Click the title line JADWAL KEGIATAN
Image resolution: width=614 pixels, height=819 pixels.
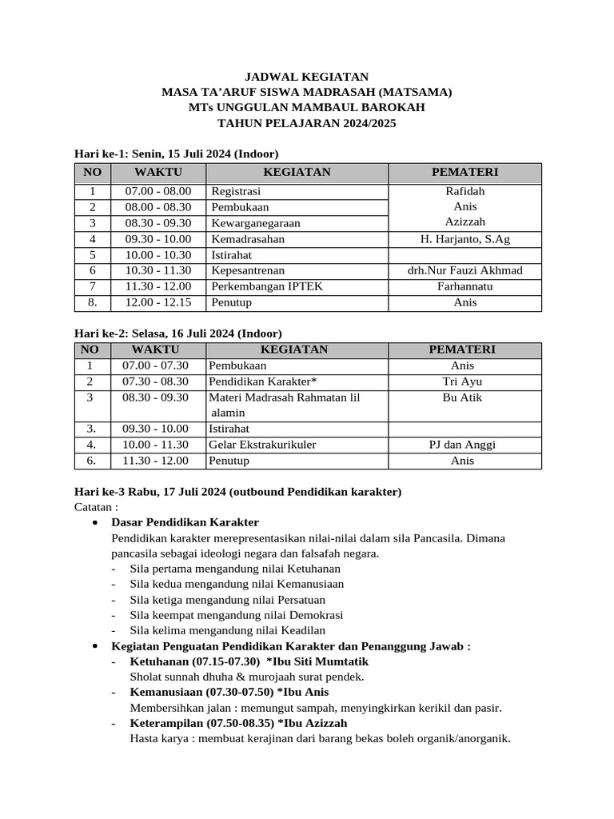coord(306,77)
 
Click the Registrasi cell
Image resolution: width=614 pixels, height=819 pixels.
coord(236,191)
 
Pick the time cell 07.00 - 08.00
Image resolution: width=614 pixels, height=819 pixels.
coord(158,191)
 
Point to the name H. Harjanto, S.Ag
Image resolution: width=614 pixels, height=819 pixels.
coord(464,239)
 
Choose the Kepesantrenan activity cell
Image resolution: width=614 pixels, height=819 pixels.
coord(248,270)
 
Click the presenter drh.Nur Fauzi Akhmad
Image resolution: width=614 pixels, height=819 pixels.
coord(464,270)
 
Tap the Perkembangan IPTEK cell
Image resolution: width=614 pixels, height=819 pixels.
coord(267,286)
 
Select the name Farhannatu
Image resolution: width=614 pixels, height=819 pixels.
coord(464,286)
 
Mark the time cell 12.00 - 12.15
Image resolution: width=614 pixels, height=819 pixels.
coord(158,302)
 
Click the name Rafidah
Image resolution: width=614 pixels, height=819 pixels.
coord(464,191)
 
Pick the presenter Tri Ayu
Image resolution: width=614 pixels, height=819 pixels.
coord(462,382)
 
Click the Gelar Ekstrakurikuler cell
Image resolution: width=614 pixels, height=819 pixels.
coord(262,445)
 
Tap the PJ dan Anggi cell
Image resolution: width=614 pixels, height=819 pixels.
coord(462,445)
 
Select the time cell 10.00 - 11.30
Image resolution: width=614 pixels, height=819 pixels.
coord(155,445)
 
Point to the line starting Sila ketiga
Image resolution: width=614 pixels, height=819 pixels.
coord(235,600)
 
